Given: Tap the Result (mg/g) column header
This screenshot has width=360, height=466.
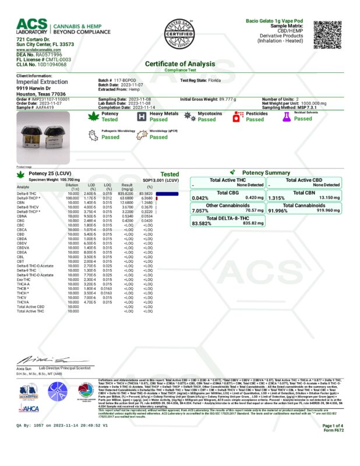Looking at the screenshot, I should [128, 186].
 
